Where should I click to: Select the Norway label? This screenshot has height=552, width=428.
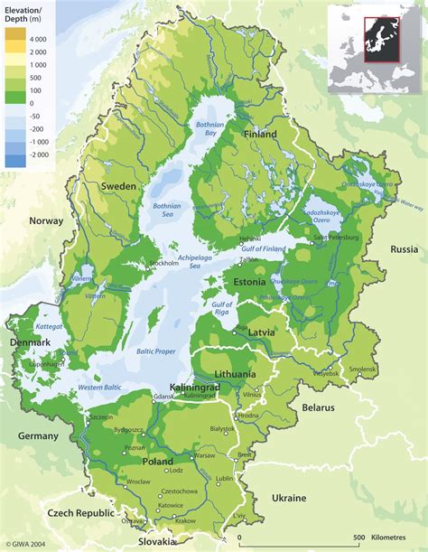(46, 220)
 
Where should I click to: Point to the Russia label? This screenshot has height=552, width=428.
(404, 248)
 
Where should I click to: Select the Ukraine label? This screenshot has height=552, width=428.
(290, 498)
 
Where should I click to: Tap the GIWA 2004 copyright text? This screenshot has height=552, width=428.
(27, 545)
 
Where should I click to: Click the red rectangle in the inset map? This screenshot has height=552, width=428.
(380, 39)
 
